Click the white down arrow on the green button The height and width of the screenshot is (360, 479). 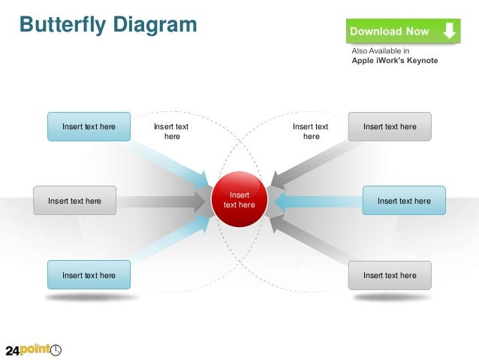click(x=449, y=32)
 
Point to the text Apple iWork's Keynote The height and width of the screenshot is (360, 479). click(x=395, y=61)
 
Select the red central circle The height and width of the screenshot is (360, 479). click(x=240, y=199)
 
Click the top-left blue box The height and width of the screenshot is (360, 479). click(x=89, y=126)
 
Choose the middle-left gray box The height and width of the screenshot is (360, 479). click(x=74, y=201)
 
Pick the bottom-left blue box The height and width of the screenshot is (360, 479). click(x=89, y=275)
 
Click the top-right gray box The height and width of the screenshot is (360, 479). click(x=390, y=126)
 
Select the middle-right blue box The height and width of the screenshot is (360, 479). click(x=404, y=201)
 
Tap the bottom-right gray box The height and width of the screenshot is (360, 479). click(x=390, y=275)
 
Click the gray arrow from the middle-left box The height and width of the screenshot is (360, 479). click(x=161, y=201)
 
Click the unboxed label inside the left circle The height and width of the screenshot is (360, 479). click(x=171, y=132)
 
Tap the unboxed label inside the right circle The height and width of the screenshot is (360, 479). click(x=311, y=132)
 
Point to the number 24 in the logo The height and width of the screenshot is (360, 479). click(x=12, y=350)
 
